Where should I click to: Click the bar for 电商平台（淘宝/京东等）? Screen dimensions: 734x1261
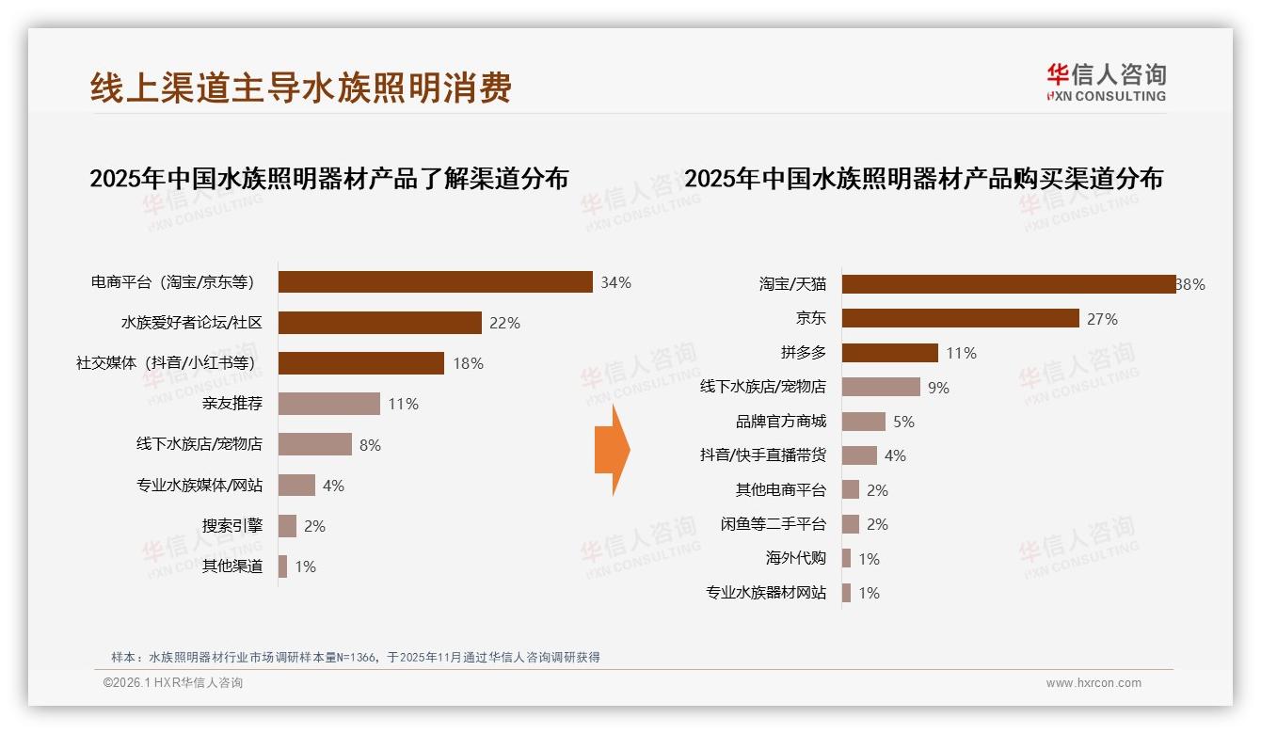[435, 282]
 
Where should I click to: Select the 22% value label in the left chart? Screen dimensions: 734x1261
[504, 323]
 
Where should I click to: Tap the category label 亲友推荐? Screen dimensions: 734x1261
[231, 404]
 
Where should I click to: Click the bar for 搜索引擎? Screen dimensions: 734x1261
[287, 526]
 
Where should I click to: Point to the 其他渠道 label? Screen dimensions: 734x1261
[231, 566]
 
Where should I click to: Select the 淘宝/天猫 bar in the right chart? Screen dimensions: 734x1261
[1008, 284]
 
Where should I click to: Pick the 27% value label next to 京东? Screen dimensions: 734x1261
[1102, 319]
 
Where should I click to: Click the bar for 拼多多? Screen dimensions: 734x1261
[889, 353]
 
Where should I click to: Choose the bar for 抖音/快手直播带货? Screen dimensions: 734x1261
[859, 455]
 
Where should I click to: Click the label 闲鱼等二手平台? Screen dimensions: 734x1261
[773, 524]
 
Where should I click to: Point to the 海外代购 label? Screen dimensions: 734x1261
[795, 558]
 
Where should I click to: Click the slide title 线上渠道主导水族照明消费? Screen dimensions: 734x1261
[301, 88]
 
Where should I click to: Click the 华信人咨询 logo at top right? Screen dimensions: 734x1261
[1106, 82]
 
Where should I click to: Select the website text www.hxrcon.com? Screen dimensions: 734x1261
[1093, 683]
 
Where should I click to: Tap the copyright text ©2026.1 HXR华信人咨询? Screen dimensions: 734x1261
[172, 683]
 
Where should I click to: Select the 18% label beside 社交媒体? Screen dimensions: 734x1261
[468, 363]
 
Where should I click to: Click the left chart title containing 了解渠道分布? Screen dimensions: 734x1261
[328, 178]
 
